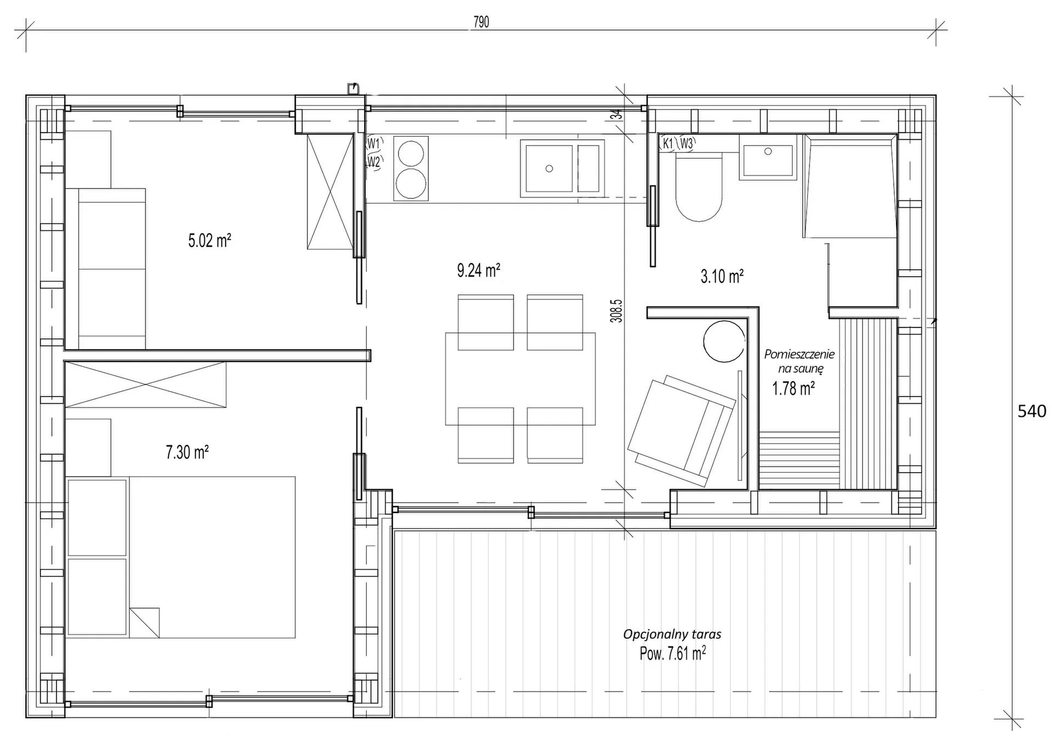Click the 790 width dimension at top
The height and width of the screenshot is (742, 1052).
click(x=481, y=22)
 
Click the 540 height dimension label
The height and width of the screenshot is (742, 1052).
click(x=1031, y=411)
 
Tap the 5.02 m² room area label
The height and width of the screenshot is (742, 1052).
click(x=209, y=241)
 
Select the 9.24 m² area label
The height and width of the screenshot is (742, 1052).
click(x=478, y=270)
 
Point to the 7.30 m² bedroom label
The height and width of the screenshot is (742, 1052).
click(x=187, y=452)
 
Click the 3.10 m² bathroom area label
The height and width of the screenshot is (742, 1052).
click(x=722, y=276)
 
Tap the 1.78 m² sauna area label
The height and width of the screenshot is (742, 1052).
click(x=793, y=389)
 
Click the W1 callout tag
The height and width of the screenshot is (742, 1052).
click(x=374, y=144)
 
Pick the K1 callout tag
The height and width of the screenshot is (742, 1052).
click(x=667, y=144)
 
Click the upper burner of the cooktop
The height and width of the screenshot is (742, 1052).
click(x=411, y=153)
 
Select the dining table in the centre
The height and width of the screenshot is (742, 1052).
click(x=520, y=378)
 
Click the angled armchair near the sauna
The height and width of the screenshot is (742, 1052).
click(x=681, y=431)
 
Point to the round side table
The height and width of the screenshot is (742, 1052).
click(x=724, y=341)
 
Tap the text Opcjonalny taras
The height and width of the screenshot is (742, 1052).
click(x=672, y=635)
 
